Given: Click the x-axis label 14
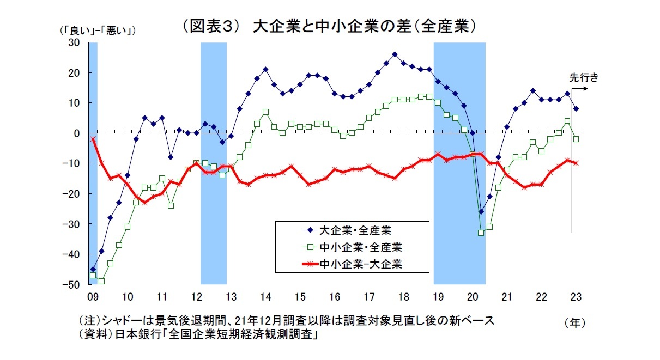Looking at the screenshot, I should [x=265, y=297].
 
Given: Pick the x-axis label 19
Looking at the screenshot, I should [x=438, y=297].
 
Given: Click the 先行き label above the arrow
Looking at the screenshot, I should [x=584, y=77].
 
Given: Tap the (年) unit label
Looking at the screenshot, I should [x=575, y=322].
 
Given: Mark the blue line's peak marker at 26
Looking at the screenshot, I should [x=395, y=54].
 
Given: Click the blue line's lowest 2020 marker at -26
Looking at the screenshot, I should [x=481, y=212].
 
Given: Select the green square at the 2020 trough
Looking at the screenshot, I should [x=481, y=233].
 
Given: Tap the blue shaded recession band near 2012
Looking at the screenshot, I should [x=214, y=163].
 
